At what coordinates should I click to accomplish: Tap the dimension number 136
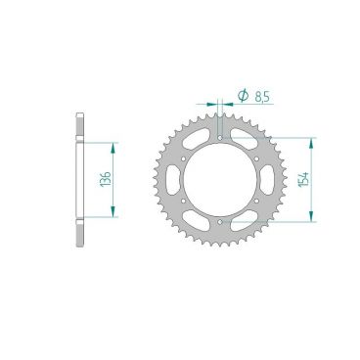pyautogui.click(x=102, y=180)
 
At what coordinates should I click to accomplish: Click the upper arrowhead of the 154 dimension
pyautogui.click(x=312, y=142)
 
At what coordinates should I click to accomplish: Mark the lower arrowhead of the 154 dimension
pyautogui.click(x=312, y=218)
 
